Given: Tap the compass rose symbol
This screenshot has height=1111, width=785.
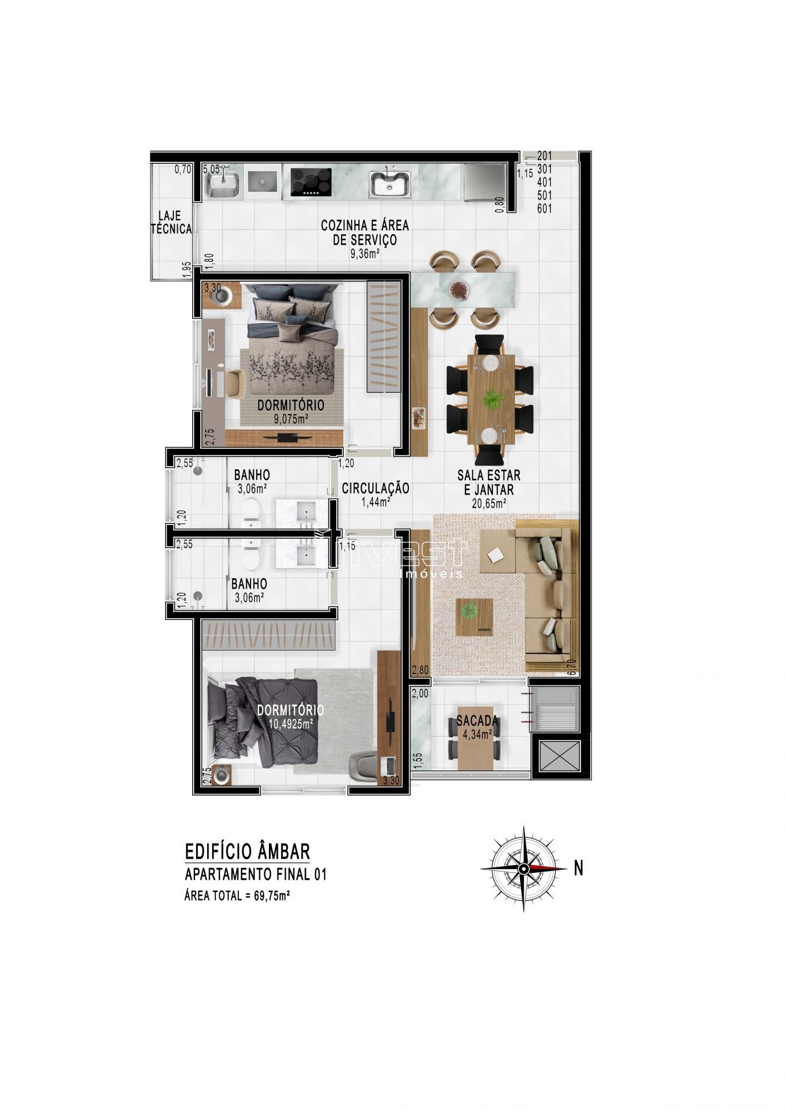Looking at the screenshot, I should tap(524, 868).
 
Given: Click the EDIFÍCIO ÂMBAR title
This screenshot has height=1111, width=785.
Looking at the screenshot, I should tap(247, 851).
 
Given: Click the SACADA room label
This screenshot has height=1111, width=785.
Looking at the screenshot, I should tap(477, 721).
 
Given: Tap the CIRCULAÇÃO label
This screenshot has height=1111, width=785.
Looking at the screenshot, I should tap(375, 488).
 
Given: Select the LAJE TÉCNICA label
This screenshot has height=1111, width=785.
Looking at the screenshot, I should tap(172, 222).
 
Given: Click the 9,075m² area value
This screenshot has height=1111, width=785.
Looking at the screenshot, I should tap(291, 419).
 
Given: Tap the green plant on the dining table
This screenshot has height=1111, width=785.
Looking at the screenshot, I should tap(491, 399).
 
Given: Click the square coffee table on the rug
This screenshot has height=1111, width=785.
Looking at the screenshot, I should tap(474, 617).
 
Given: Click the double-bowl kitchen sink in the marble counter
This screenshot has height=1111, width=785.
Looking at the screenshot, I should tap(391, 184).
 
